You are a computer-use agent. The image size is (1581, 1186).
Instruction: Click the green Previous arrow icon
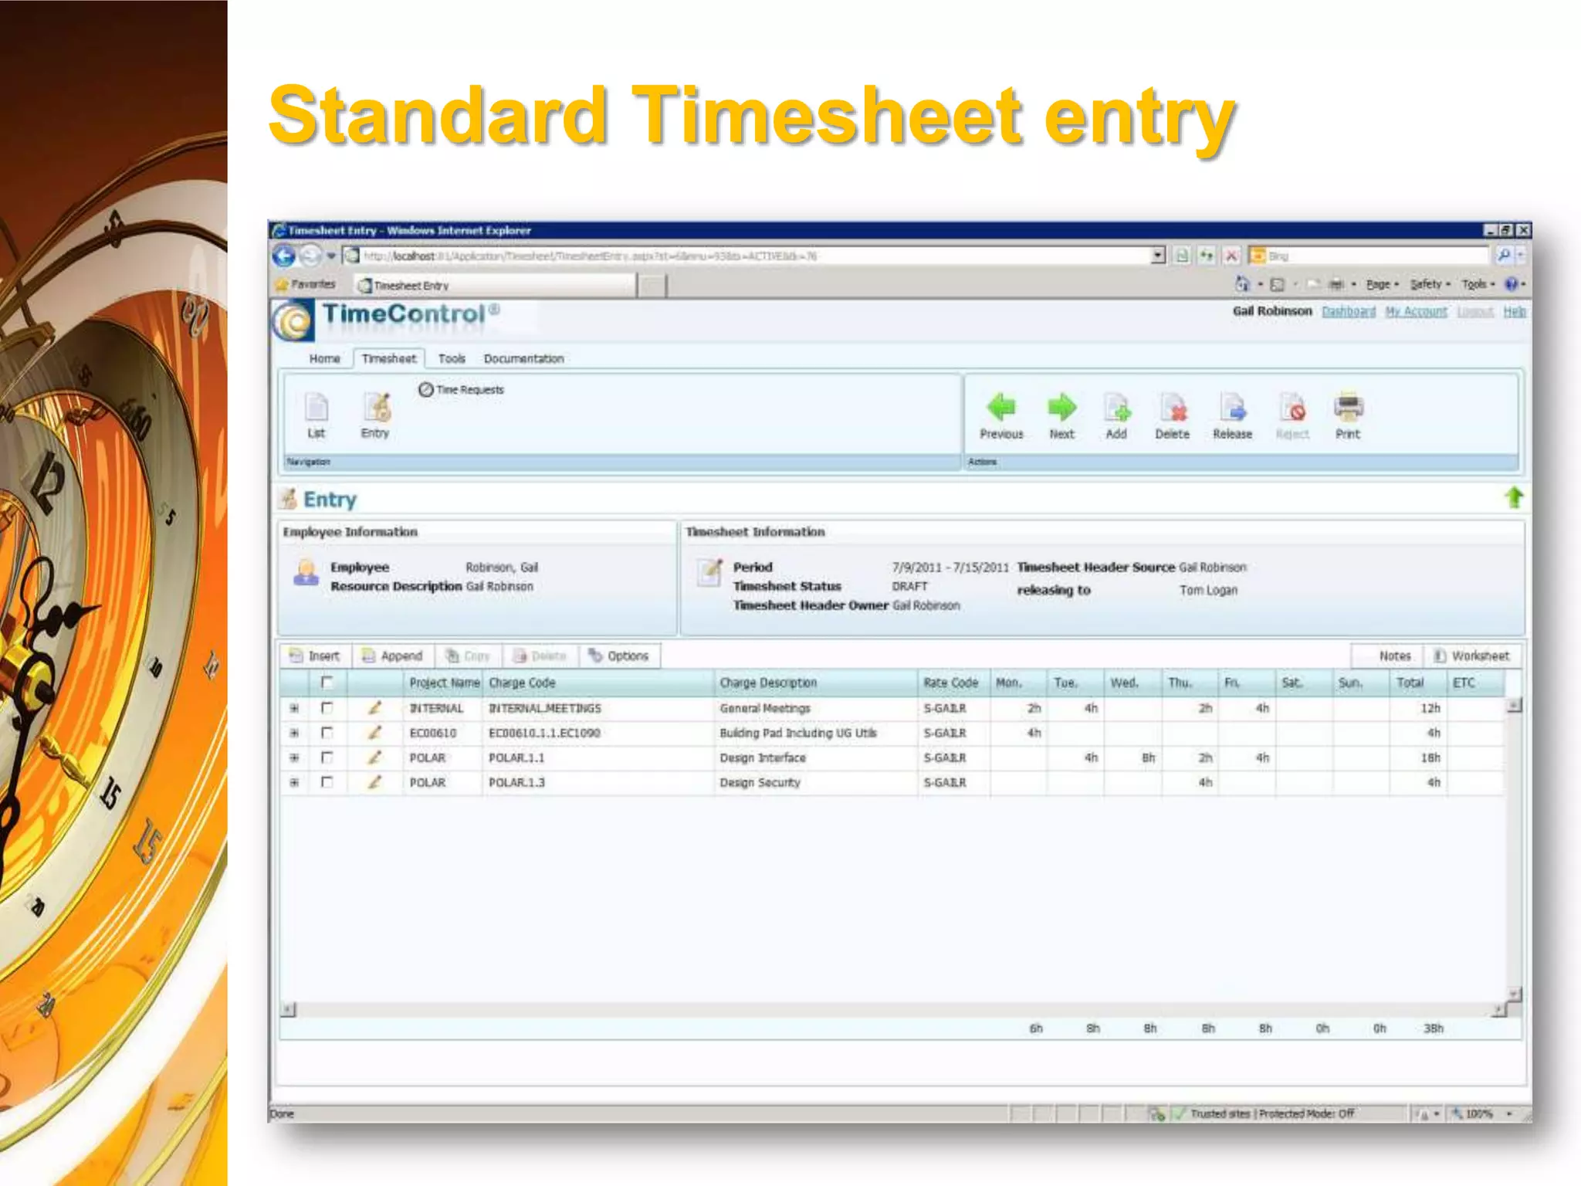(1001, 407)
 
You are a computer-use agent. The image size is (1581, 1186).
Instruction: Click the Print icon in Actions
(1348, 407)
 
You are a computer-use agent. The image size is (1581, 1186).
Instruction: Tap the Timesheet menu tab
(388, 358)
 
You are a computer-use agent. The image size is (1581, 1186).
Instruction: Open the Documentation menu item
(523, 358)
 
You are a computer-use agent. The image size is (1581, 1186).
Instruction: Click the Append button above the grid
(393, 656)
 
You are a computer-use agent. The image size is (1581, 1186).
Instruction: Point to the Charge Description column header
(768, 683)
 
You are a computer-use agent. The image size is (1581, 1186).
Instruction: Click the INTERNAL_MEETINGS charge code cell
(545, 708)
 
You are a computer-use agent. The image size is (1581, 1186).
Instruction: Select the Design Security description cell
(760, 782)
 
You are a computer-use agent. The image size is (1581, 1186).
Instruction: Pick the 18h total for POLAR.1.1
(1430, 757)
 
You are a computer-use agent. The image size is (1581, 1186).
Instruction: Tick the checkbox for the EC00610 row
(327, 733)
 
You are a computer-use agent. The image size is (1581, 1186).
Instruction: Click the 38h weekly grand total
(1434, 1028)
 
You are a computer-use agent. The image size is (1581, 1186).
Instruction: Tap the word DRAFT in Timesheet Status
(909, 586)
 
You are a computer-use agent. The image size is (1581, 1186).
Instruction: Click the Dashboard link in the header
(1349, 311)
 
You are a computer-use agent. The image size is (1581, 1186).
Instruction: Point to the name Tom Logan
(1208, 590)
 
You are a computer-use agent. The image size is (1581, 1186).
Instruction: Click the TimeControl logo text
(404, 314)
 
